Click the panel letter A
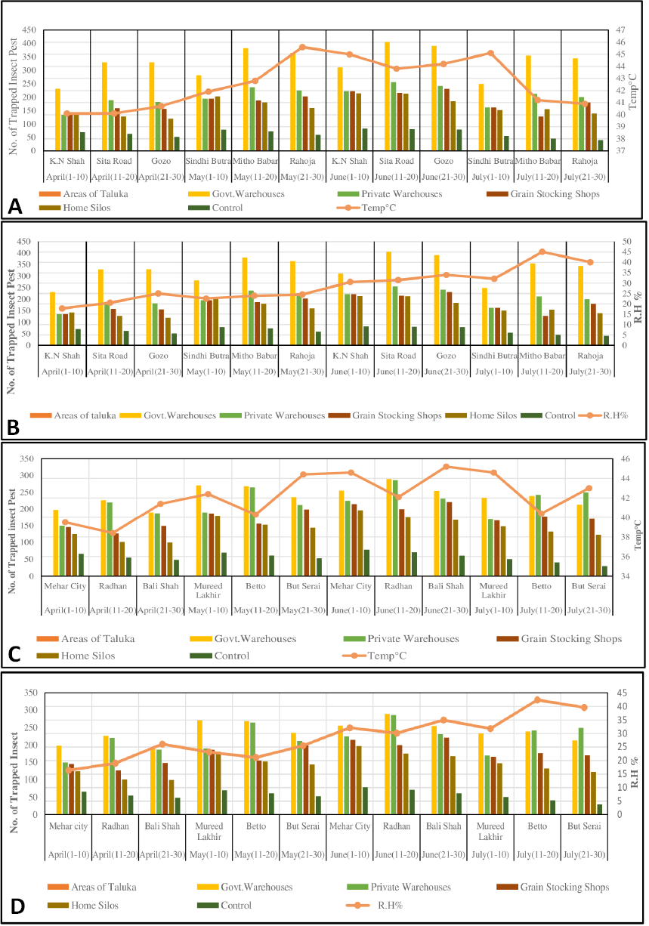pos(15,206)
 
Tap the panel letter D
pos(17,906)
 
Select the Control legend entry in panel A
pos(215,208)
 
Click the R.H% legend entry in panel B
pos(604,415)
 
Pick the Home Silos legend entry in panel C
pos(76,656)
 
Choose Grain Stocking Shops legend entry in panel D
pos(553,887)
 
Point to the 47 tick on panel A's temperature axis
pos(620,29)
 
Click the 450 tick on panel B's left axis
pos(24,241)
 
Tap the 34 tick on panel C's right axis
pos(626,576)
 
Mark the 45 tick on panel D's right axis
pos(622,693)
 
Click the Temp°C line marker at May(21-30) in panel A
pos(302,47)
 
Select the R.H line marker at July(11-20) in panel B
pos(542,252)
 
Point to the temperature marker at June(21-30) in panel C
pos(447,467)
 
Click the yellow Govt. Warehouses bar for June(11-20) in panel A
pos(387,96)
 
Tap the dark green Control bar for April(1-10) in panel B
pos(78,337)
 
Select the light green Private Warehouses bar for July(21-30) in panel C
pos(586,534)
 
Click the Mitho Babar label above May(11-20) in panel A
pos(255,161)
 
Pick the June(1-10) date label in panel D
pos(350,854)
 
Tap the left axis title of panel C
pos(12,541)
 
